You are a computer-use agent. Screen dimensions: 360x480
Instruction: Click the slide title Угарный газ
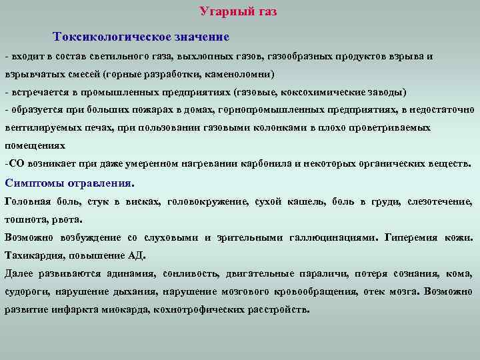coord(237,11)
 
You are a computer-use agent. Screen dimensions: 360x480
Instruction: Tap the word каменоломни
coord(240,73)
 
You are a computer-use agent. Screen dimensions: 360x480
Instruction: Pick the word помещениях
coord(35,145)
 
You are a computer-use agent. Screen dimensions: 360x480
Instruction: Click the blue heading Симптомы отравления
coord(69,182)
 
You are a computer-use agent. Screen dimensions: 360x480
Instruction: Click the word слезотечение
coord(443,201)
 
